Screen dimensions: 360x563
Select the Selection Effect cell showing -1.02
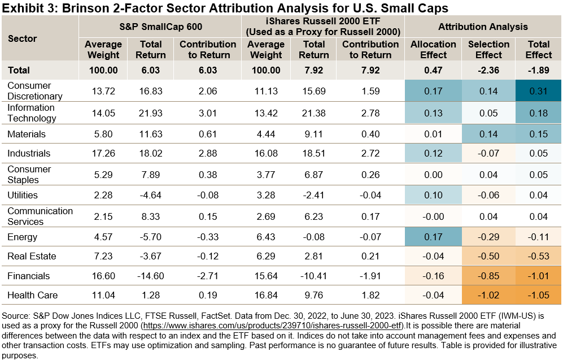coord(488,295)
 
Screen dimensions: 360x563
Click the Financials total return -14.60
coord(151,276)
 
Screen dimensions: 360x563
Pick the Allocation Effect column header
coord(433,50)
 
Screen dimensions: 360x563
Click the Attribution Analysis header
coord(483,27)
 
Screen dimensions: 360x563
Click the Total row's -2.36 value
coord(488,71)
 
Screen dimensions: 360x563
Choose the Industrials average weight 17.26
coord(103,153)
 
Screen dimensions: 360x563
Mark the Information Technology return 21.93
coord(151,113)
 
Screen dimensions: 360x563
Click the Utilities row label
coord(23,195)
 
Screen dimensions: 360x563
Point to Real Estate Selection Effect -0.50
coord(488,257)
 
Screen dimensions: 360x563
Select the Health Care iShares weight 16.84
coord(266,295)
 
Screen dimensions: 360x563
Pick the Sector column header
coord(23,38)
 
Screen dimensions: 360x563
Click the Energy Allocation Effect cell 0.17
coord(433,237)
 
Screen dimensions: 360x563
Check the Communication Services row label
coord(40,216)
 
